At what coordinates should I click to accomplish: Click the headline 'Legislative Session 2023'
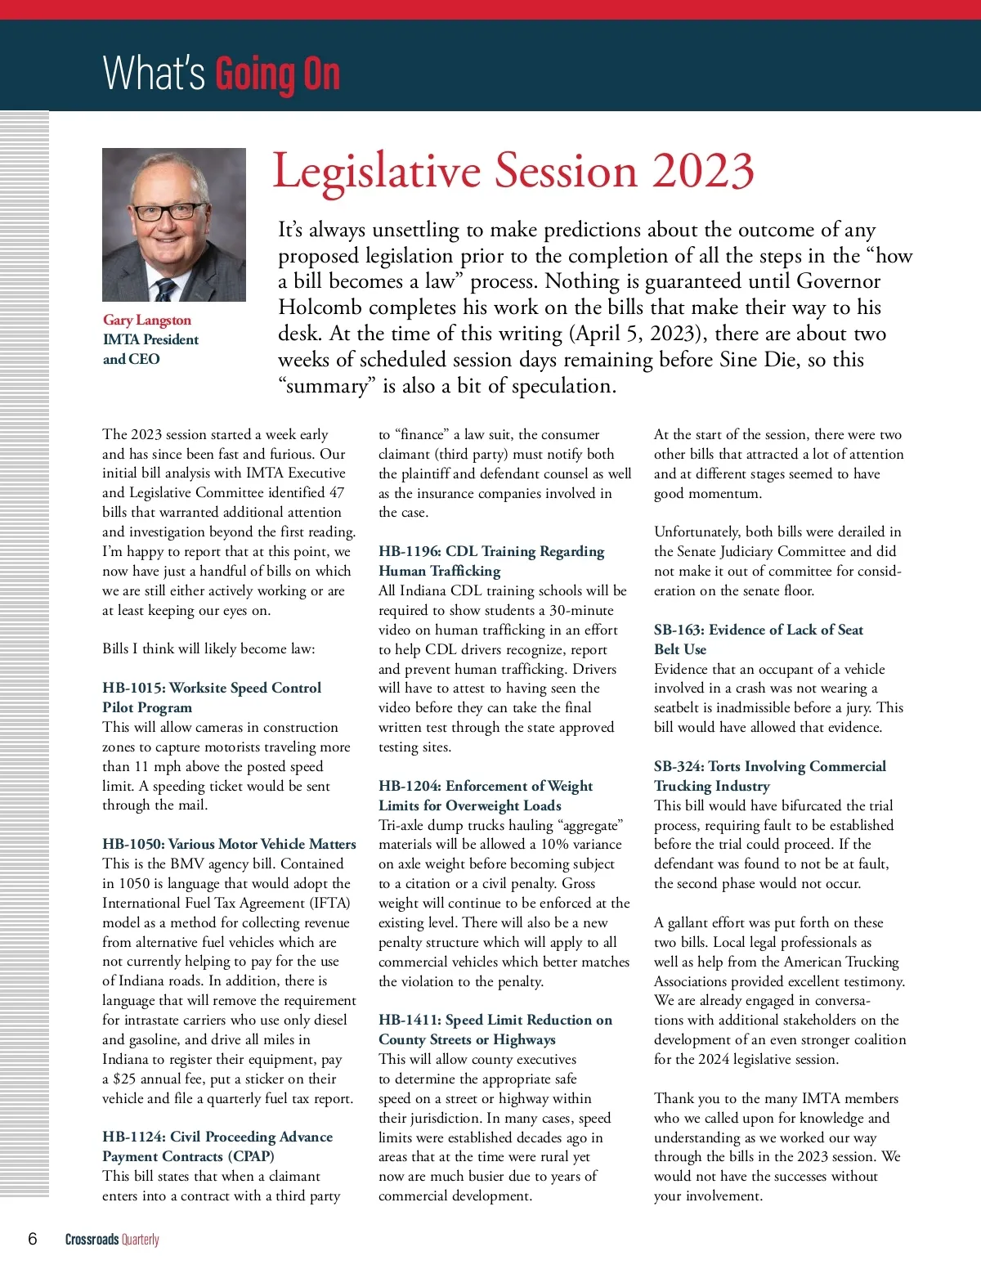[513, 172]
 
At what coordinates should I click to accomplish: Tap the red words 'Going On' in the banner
[277, 74]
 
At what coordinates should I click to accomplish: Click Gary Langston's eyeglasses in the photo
[170, 213]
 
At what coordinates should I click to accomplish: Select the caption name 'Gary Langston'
[147, 320]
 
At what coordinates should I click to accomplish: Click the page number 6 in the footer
[33, 1239]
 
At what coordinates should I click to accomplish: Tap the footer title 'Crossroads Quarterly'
[112, 1240]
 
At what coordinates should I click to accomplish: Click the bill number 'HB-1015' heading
[133, 688]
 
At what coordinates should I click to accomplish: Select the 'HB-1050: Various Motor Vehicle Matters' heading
[229, 844]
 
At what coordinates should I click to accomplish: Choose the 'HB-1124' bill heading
[134, 1137]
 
